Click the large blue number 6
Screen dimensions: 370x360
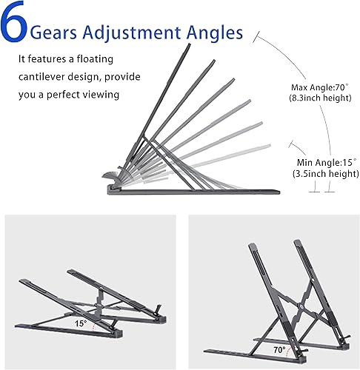(x=16, y=27)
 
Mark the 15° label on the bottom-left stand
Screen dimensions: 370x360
(x=79, y=323)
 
